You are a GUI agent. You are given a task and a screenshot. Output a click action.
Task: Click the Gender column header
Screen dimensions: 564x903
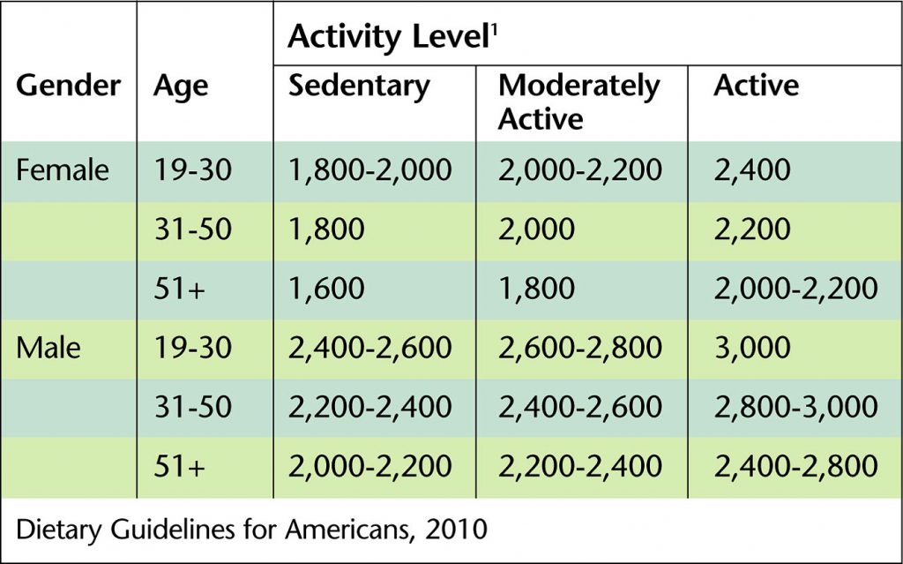[x=68, y=86]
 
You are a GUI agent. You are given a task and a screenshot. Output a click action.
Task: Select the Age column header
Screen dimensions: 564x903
[x=180, y=86]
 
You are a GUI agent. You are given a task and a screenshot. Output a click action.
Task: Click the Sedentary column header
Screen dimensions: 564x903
[x=359, y=86]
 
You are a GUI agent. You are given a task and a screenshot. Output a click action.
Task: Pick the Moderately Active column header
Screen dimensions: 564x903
[x=578, y=102]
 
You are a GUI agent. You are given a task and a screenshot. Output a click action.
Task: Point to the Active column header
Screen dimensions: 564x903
[x=756, y=86]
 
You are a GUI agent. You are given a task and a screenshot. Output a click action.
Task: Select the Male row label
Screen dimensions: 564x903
[x=49, y=347]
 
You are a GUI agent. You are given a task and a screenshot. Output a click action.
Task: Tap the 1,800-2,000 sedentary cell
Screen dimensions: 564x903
[x=370, y=169]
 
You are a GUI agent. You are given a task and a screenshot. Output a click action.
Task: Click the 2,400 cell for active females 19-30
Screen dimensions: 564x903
[x=752, y=169]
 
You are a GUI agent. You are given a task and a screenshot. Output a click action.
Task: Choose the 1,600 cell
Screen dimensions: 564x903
[x=326, y=288]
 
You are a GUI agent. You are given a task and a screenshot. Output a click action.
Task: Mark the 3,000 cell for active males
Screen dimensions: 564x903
[x=752, y=347]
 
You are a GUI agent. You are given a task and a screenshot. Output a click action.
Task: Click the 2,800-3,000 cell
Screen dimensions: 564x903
[x=795, y=406]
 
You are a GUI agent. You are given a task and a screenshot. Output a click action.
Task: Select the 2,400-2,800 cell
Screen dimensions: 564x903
[x=795, y=465]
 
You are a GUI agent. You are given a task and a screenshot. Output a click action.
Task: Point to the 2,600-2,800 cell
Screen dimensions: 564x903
[x=579, y=347]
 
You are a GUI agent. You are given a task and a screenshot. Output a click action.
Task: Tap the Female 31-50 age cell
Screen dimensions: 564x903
[x=191, y=229]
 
